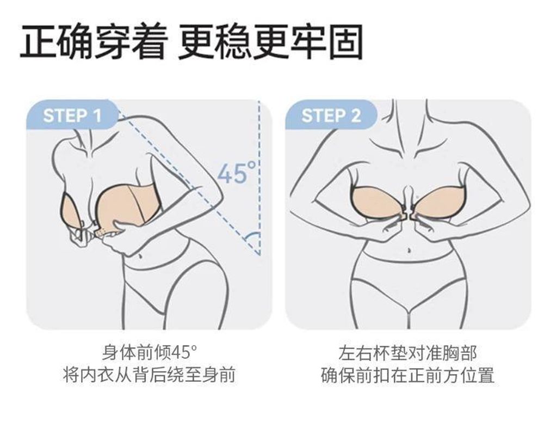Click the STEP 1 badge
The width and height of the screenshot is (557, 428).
pos(72,115)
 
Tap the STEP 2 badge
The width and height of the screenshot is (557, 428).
pos(331,115)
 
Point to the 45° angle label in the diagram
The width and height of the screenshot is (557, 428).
pos(236,173)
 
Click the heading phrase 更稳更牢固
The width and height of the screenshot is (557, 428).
pos(271,41)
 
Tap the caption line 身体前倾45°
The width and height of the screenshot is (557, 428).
pos(149,353)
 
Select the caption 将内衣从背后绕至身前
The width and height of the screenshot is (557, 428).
pos(149,375)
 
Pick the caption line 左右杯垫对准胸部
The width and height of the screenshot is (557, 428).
pos(408,353)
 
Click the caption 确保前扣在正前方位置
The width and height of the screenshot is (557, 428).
pos(408,375)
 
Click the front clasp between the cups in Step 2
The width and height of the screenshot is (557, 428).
pos(408,215)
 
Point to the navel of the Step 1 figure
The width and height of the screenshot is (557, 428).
pos(141,256)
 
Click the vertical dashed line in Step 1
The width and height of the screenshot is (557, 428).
pos(259,178)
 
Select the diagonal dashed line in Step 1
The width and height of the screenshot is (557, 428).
pos(188,183)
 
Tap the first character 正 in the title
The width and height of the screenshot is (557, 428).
pos(38,41)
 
